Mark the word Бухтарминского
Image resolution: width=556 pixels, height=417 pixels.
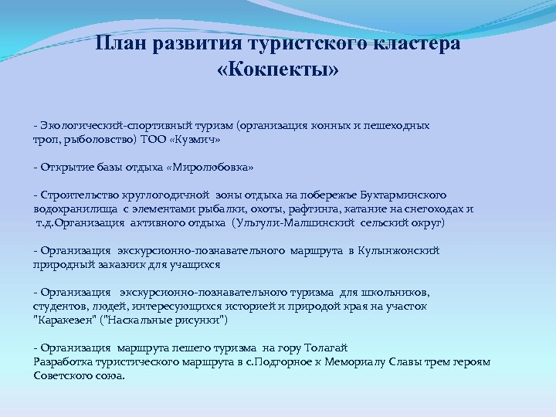402,195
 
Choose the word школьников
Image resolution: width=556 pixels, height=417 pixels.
394,293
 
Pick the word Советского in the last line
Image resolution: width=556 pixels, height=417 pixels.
67,375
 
